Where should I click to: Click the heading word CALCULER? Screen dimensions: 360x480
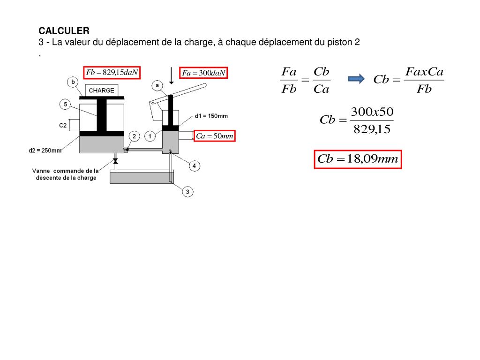64,31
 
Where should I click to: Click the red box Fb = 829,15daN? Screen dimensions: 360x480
112,72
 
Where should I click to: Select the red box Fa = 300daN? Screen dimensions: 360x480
204,73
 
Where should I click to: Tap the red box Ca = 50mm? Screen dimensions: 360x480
215,136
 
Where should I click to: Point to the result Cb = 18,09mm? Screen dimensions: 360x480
358,159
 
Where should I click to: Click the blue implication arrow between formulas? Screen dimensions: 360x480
356,79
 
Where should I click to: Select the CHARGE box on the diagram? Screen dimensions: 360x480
102,90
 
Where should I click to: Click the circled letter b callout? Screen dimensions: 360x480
73,82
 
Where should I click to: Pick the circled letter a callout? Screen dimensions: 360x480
157,85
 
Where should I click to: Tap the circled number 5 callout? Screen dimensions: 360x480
66,104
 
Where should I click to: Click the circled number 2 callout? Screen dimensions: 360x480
134,136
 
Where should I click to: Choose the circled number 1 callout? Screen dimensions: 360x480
150,136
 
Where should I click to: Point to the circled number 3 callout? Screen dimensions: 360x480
187,192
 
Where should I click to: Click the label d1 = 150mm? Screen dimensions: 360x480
211,116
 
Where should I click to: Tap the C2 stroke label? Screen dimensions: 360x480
62,125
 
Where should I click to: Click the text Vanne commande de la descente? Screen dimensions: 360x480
66,174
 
